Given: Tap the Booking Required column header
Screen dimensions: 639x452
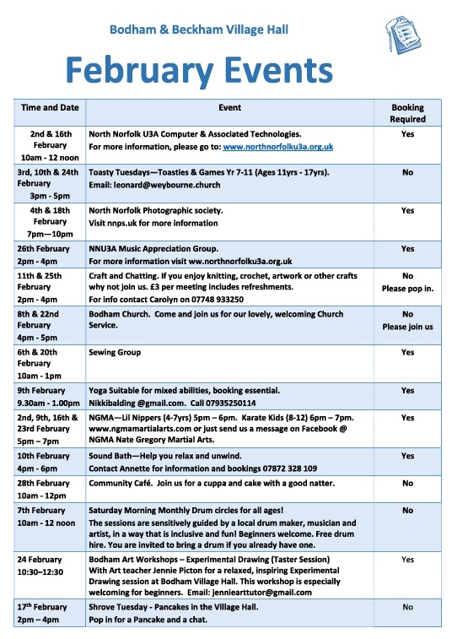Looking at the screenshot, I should click(407, 113).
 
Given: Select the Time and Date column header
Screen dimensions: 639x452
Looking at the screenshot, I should click(50, 108).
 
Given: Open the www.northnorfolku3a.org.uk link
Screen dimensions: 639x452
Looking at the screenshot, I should click(278, 147).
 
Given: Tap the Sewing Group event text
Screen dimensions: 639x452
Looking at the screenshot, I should click(115, 352).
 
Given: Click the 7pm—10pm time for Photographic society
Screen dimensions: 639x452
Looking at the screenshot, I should click(50, 236).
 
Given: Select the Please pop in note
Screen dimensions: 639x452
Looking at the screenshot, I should click(407, 288).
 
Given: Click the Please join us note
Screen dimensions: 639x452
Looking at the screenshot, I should click(407, 327).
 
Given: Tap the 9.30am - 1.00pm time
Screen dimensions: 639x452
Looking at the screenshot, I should click(50, 403).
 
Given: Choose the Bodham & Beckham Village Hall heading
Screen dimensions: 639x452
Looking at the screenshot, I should click(199, 30).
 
